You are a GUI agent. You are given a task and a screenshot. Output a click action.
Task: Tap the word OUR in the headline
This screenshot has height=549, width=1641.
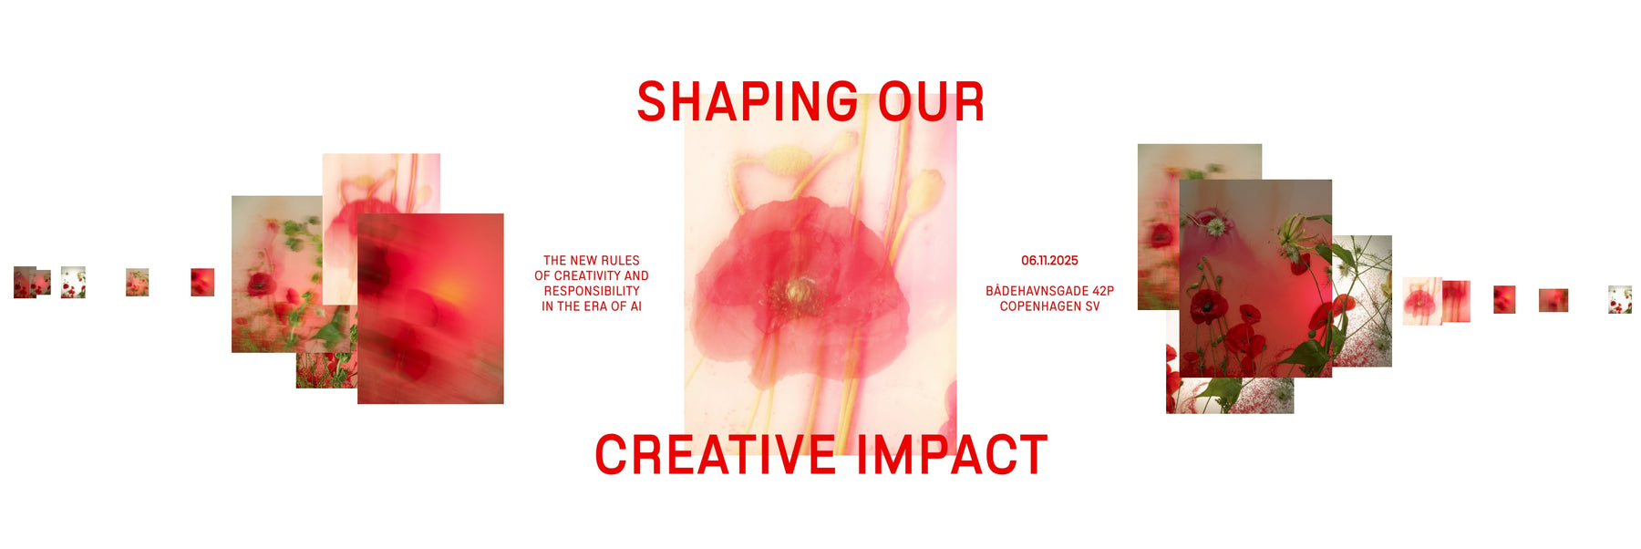(x=931, y=101)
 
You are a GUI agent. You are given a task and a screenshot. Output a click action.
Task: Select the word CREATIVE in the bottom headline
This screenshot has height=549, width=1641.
(x=715, y=455)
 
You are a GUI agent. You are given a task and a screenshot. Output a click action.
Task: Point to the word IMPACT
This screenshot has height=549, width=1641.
(x=952, y=455)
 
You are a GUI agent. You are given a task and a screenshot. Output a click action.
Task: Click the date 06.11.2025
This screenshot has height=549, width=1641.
(x=1049, y=261)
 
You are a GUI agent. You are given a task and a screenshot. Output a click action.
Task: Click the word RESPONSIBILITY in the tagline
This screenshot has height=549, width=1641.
(x=592, y=291)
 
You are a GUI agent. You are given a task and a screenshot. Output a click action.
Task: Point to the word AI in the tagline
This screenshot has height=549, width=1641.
(x=635, y=306)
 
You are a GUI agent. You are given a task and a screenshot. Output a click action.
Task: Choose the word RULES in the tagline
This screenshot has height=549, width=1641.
(x=620, y=261)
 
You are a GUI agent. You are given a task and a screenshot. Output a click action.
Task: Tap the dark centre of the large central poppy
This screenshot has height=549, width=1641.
(x=795, y=292)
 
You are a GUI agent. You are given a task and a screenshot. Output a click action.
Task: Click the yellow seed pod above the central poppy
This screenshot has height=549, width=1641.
(x=786, y=161)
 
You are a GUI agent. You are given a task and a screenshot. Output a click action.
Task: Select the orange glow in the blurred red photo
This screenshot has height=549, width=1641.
(x=449, y=290)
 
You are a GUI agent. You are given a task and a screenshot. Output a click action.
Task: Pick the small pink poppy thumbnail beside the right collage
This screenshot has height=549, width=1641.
(x=1421, y=301)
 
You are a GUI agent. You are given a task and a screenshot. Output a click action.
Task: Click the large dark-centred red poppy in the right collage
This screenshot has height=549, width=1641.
(x=1209, y=306)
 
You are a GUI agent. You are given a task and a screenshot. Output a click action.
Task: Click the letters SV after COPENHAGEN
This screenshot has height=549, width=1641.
(x=1092, y=306)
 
